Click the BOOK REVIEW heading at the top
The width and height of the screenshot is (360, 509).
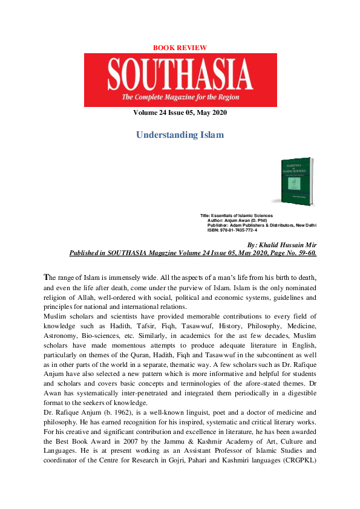pos(180,47)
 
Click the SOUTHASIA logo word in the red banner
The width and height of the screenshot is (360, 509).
pos(180,76)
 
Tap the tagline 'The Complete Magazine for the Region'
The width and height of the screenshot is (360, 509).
pos(180,98)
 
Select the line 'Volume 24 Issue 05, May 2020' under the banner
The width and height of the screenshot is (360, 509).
pos(180,112)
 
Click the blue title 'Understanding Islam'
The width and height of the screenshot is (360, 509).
pos(180,135)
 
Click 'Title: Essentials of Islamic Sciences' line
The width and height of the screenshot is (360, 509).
pos(237,216)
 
